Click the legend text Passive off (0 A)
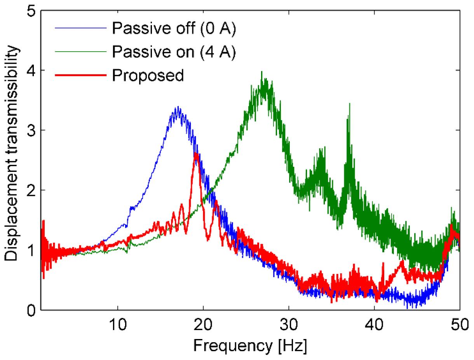[x=174, y=29]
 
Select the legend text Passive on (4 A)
[x=174, y=52]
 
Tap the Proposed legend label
[x=148, y=75]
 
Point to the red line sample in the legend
[x=80, y=75]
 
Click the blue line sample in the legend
[x=80, y=28]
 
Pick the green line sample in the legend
[x=80, y=52]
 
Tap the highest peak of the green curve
[x=262, y=72]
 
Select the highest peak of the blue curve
[x=177, y=107]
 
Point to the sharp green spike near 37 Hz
[x=350, y=104]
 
